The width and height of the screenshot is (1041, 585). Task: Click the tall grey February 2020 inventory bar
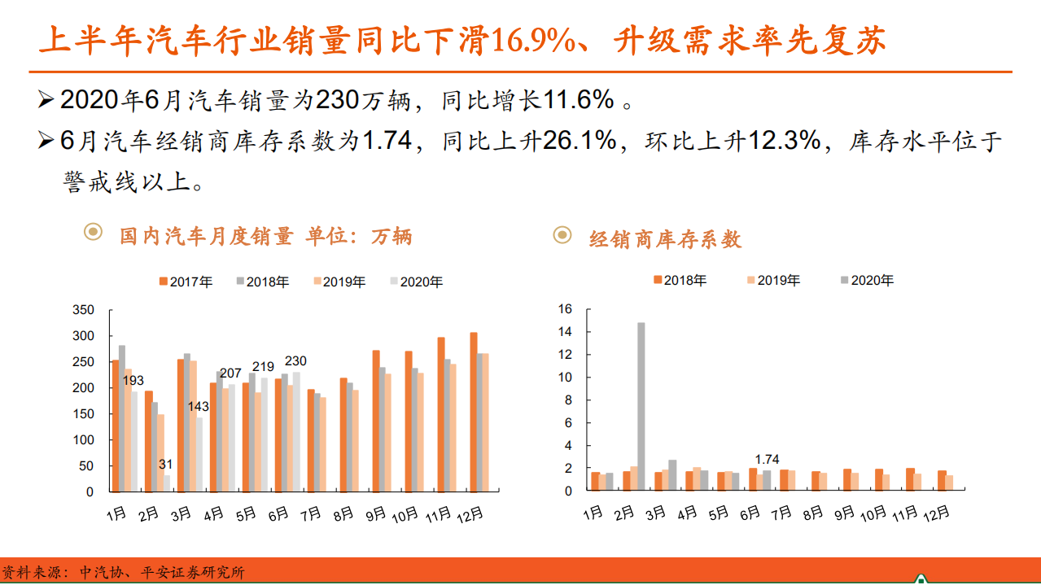click(641, 407)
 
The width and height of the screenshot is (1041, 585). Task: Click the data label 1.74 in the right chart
click(766, 461)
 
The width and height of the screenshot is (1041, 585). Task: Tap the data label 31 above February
click(165, 465)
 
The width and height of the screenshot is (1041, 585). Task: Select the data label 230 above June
click(295, 361)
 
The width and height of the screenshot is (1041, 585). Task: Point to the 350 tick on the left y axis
click(83, 310)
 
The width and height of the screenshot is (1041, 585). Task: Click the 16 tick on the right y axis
click(565, 309)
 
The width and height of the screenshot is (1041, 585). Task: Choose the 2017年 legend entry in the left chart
click(186, 282)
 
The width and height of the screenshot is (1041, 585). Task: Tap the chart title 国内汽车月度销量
click(206, 237)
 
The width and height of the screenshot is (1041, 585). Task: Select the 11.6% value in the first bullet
click(579, 100)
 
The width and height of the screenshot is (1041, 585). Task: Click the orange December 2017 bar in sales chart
click(474, 412)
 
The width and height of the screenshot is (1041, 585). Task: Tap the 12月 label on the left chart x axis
click(468, 515)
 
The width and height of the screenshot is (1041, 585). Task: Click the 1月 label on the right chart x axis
click(593, 513)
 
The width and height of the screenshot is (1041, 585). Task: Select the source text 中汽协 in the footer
click(100, 572)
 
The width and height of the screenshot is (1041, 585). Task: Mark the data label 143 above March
click(198, 407)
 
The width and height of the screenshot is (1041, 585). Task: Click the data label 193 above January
click(133, 381)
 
